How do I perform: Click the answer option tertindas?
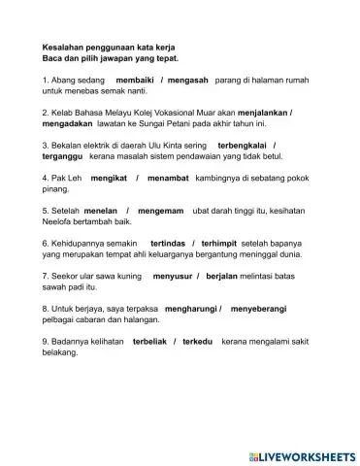pos(170,242)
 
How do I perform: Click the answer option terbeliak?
pos(150,343)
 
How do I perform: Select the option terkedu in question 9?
pos(204,343)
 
